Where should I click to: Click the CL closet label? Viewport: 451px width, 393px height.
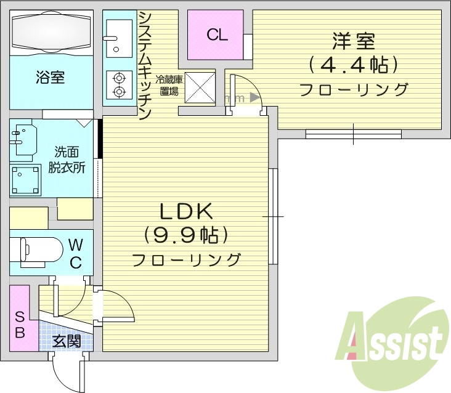click(x=217, y=34)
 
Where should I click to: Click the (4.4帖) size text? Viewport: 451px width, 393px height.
click(x=353, y=64)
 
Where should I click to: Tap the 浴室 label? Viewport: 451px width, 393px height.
click(x=51, y=78)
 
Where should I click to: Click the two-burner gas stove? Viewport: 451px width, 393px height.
click(x=118, y=85)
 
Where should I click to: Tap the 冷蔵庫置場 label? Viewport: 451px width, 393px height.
click(x=168, y=86)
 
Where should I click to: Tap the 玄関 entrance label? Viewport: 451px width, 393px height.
click(x=66, y=341)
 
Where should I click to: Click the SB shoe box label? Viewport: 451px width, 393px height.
click(x=19, y=325)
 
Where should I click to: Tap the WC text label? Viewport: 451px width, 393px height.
click(x=75, y=253)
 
